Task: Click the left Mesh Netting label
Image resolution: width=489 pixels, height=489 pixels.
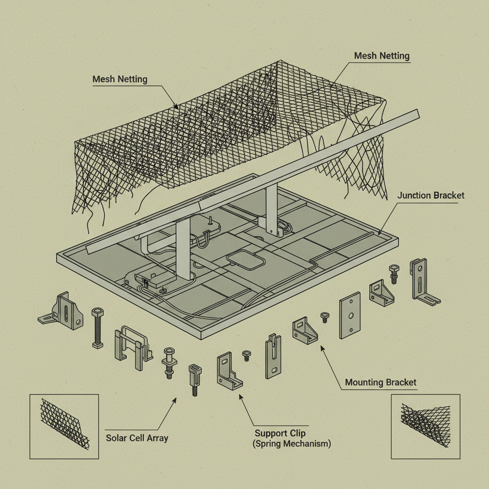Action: pos(120,79)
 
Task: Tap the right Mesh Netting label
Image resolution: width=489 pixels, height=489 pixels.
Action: pos(382,56)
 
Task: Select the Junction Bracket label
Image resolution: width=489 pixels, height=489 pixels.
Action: pos(430,195)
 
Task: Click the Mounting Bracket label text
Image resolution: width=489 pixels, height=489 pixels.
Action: pos(381,382)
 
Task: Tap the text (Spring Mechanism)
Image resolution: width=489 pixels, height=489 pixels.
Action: pos(291,444)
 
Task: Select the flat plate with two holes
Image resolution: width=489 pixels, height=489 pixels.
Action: pos(350,315)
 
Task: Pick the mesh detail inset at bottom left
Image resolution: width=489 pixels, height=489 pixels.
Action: pos(64,426)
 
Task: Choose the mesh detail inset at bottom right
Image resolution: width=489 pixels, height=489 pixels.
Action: pos(425,426)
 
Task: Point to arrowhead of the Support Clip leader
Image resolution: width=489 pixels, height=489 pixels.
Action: pos(240,394)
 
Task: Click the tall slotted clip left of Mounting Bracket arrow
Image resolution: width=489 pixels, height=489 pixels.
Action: pos(273,356)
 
